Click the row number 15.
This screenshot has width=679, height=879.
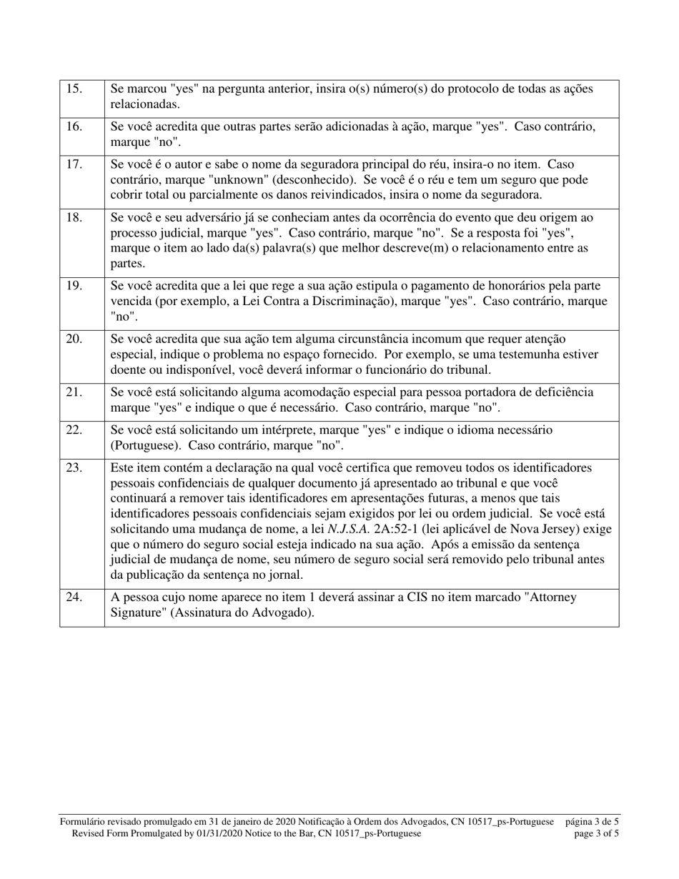click(x=74, y=89)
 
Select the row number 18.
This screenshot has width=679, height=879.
click(x=74, y=217)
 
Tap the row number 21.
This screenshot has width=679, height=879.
click(x=74, y=392)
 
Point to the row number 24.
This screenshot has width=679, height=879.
click(x=74, y=597)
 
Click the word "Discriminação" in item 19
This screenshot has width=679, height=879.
click(x=390, y=301)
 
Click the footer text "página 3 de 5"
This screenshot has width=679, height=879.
click(x=592, y=822)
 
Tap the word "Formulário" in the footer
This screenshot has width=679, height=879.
click(x=84, y=822)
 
